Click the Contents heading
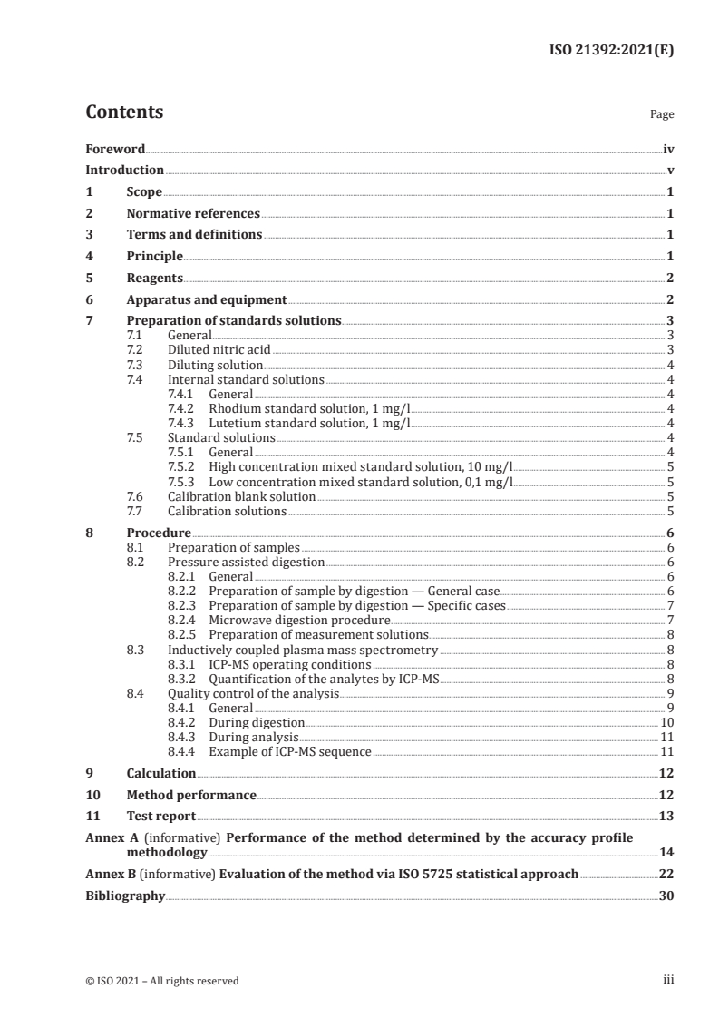click(x=124, y=113)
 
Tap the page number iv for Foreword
click(x=668, y=149)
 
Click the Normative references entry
click(x=193, y=214)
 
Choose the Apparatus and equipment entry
click(x=207, y=299)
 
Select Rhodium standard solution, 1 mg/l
click(x=309, y=407)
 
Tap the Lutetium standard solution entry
click(x=309, y=422)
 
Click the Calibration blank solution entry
click(x=241, y=497)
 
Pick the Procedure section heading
click(x=159, y=533)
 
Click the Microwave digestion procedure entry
click(x=287, y=620)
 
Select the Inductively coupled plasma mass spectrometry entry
click(x=303, y=650)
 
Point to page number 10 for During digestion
click(x=666, y=723)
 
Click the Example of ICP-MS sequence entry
click(x=290, y=752)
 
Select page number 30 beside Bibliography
click(x=666, y=896)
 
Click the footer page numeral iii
click(x=668, y=980)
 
